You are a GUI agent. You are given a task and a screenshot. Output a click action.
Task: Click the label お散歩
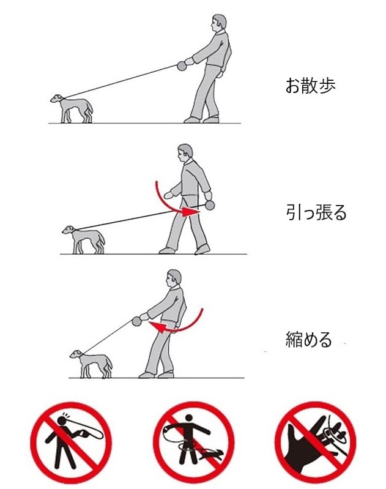311,86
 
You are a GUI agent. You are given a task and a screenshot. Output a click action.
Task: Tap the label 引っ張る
316,213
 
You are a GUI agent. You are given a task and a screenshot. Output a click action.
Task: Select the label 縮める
309,339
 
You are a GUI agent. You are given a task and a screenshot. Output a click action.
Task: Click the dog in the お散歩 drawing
72,108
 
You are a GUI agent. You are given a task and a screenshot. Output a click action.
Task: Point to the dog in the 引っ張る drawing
84,239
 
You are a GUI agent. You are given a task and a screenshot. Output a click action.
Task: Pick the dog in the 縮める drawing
91,364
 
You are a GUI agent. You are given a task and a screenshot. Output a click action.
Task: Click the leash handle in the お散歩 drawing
182,66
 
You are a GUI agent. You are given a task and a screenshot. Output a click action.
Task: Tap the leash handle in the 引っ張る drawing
210,205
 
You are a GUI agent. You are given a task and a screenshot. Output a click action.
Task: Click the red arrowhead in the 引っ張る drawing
190,211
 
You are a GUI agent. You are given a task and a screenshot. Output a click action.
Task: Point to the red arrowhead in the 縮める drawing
157,327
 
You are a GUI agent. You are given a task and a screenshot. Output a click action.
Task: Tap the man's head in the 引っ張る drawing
185,153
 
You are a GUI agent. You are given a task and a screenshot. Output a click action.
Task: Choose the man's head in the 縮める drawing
173,278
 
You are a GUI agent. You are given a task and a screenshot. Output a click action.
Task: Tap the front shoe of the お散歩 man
191,120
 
